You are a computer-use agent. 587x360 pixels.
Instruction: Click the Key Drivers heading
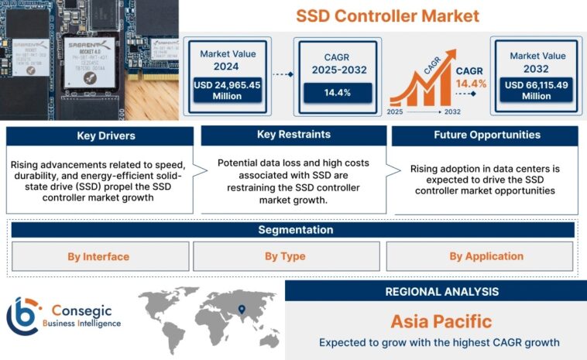(100, 136)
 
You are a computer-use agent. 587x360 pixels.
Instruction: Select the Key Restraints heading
(293, 135)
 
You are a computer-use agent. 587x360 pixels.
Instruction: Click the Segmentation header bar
(293, 230)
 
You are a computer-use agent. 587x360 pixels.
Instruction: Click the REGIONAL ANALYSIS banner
(435, 292)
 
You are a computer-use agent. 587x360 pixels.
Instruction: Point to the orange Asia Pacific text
(435, 321)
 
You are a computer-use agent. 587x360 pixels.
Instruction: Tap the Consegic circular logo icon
(22, 316)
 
